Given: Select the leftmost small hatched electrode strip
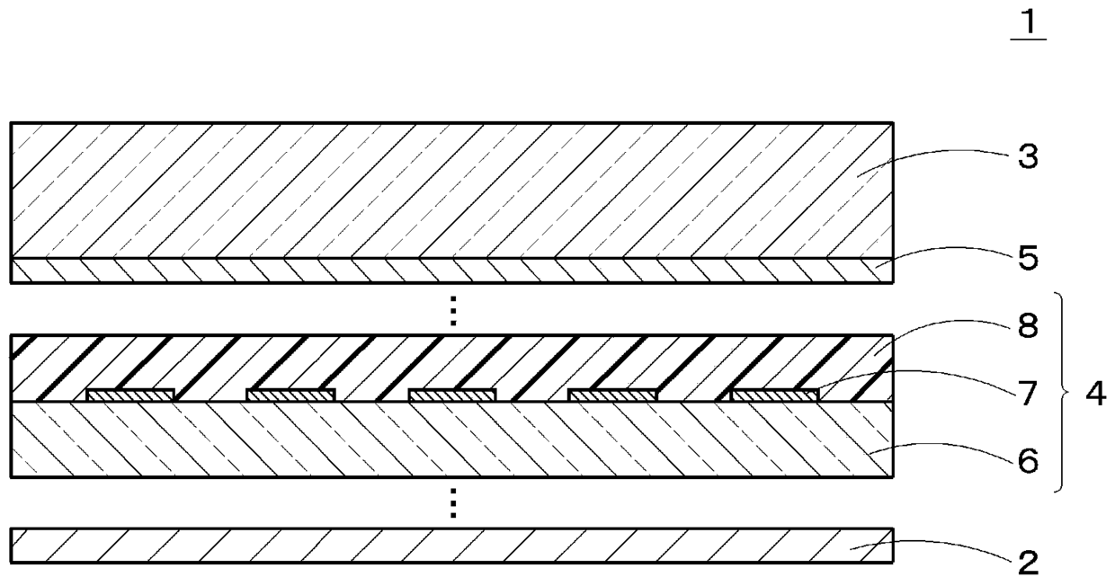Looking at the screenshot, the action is tap(130, 395).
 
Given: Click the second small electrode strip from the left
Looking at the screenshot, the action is tap(290, 395).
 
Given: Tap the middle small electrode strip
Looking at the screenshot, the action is tap(451, 395).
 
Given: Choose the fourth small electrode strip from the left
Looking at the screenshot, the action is tap(612, 395).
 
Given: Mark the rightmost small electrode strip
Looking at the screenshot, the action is tap(773, 395).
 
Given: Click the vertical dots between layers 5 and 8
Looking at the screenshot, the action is tap(453, 310).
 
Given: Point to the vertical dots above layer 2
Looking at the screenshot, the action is tap(453, 505).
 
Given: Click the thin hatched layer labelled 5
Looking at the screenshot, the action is tap(450, 271).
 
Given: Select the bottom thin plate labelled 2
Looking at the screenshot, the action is tap(450, 546).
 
